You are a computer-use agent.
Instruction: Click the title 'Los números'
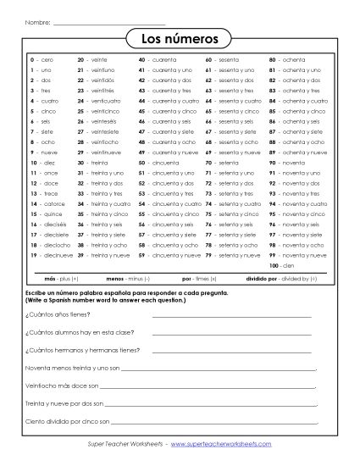pyautogui.click(x=180, y=39)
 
